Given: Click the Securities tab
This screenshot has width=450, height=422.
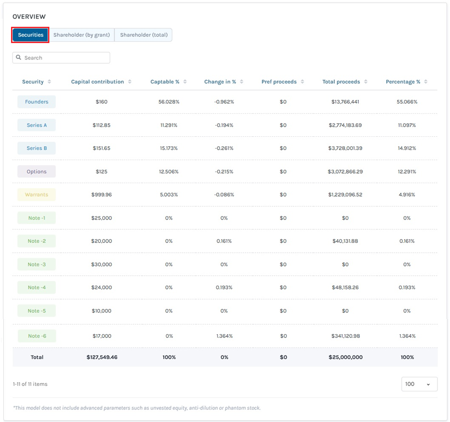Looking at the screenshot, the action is pos(30,35).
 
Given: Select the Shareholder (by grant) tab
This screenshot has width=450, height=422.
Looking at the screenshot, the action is pos(81,35).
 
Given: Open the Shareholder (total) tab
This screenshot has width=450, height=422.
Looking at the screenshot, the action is pos(143,35).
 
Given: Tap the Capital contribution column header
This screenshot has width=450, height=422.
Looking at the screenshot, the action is pos(97,82).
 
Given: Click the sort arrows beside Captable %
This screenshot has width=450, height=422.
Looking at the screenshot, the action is pos(185,82).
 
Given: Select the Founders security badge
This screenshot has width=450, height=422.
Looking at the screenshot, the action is pos(36,102).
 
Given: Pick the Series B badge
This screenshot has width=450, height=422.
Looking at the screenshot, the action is pos(36,148).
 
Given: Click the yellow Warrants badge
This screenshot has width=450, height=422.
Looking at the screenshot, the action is pos(36,195).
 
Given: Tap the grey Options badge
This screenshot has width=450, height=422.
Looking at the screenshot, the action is pos(36,172).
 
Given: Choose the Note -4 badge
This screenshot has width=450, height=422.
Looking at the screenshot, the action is pos(36,287).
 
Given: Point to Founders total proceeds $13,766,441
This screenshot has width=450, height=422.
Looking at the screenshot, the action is pos(345,102).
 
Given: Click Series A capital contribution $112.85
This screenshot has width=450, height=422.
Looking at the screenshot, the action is pos(102,125).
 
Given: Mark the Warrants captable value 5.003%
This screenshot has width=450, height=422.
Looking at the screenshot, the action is pos(169,195).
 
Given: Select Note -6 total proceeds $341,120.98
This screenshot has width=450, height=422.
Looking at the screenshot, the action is pos(346,336).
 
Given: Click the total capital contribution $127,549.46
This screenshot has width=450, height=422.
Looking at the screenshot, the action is pos(102,357).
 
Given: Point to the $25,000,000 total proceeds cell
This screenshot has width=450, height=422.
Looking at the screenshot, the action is pos(346,357).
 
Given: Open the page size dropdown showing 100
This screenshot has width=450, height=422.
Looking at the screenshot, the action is pos(419,384).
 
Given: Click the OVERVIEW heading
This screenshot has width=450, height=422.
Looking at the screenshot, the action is pos(29,17).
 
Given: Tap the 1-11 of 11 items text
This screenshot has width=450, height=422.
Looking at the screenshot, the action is pos(30,384).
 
